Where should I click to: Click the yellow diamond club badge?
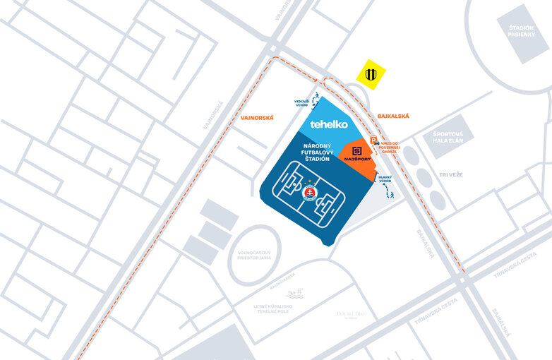[371, 74]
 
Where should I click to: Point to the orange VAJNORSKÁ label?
[256, 118]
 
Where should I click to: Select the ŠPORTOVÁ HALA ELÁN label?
[448, 138]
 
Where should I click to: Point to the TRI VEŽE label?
[450, 174]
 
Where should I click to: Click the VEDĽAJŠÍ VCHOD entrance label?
[302, 102]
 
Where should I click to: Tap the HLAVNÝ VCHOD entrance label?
[385, 179]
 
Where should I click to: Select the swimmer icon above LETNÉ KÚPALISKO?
[294, 293]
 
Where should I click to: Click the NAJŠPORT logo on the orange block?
[357, 154]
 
